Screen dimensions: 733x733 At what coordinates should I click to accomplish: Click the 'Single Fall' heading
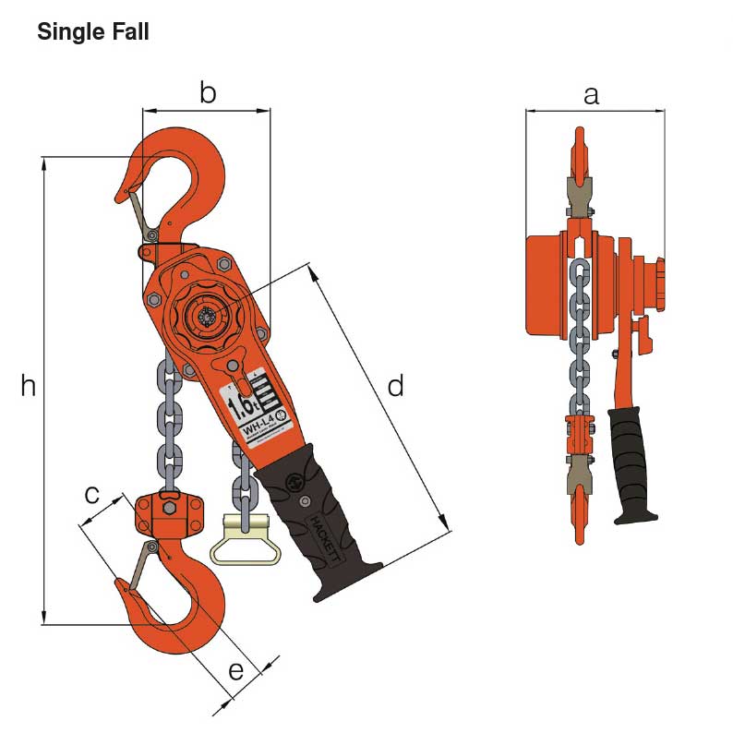pos(92,32)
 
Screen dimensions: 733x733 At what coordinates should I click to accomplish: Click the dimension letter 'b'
pos(208,92)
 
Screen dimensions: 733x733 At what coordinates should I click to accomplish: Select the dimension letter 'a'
pos(592,93)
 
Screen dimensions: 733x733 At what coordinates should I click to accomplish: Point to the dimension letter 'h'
pos(29,386)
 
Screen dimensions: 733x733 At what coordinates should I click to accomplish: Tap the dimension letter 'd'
pos(395,386)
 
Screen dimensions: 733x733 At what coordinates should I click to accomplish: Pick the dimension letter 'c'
pos(92,494)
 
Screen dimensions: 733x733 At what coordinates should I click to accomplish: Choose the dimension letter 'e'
pos(236,670)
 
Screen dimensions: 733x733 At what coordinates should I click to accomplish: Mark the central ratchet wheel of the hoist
pos(204,317)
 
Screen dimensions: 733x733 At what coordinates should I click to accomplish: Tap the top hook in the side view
pos(579,157)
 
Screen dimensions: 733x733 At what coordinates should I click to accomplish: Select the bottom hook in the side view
pos(579,512)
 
